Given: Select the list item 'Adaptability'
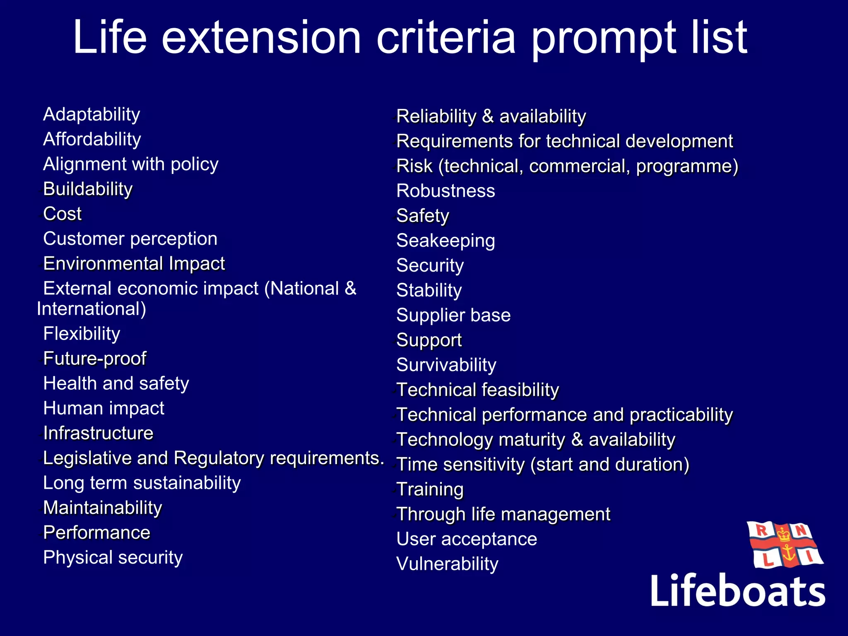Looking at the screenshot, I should tap(92, 115).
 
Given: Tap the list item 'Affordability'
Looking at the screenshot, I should tap(92, 140).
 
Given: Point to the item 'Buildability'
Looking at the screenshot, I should tap(88, 189).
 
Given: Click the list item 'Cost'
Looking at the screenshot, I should tap(63, 214).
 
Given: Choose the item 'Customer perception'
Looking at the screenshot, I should tap(130, 239).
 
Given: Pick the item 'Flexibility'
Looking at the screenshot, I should tap(82, 334).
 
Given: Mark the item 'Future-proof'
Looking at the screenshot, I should tap(94, 359).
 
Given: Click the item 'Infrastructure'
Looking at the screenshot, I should tap(98, 433).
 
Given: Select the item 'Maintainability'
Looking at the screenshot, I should tap(102, 508).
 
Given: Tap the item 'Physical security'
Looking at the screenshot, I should tap(113, 558).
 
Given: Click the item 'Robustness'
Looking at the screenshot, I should tap(446, 191).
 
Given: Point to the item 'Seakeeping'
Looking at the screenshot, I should tap(446, 241).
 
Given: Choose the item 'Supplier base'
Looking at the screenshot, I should tap(453, 315).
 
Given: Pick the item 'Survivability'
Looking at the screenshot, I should tap(446, 365).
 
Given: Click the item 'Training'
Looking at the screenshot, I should tap(430, 489).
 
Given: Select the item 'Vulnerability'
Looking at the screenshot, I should tap(447, 564).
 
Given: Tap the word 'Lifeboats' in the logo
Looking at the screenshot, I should tap(737, 591).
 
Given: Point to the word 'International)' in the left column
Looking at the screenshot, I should tap(92, 309).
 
